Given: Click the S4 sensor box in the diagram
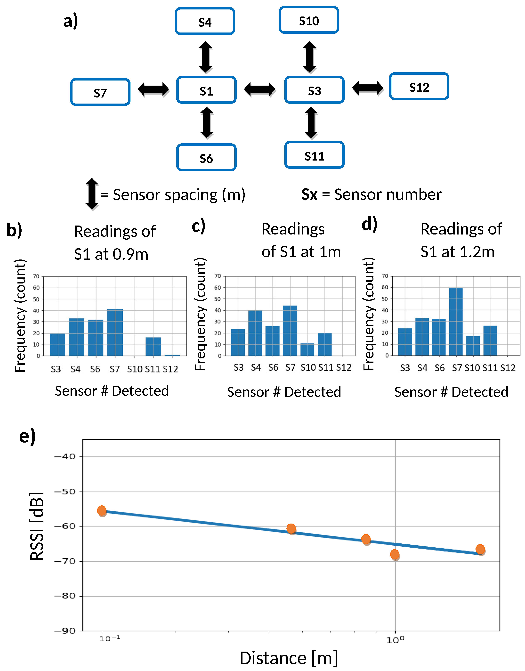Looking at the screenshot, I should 205,21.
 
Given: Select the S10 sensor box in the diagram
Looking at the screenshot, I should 309,20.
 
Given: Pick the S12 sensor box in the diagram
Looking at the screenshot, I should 419,86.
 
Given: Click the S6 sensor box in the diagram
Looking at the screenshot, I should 206,157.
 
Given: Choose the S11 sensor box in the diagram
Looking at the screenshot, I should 314,155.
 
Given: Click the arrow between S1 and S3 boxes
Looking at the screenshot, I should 260,89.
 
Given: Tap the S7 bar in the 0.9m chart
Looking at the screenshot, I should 115,333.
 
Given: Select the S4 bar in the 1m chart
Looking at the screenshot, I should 255,333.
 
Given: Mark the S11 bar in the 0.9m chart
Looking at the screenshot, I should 153,347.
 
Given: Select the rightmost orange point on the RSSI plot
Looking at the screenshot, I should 480,549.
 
